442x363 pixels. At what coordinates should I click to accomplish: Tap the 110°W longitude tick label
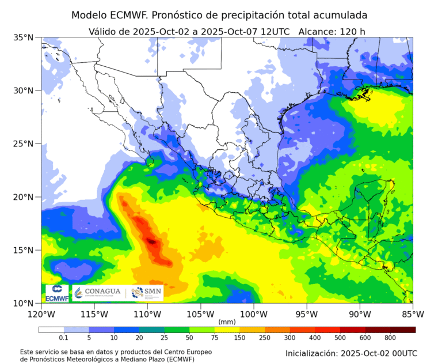point(147,314)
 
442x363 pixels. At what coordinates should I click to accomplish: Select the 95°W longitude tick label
point(307,314)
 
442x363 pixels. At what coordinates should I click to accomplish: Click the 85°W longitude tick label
point(413,314)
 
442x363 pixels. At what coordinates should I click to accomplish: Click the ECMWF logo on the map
point(56,293)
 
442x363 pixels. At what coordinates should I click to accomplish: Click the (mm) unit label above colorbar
point(227,322)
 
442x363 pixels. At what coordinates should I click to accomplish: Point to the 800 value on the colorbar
point(390,338)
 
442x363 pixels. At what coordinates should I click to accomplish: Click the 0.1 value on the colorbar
point(64,338)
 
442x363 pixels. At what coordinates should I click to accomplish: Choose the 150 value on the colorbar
point(239,338)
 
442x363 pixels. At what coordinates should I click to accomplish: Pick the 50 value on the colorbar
point(189,338)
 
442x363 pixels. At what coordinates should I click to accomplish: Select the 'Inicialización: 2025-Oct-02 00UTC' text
point(351,353)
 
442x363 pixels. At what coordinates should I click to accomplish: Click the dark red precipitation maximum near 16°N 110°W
point(151,241)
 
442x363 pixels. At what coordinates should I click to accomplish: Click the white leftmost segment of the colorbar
point(51,330)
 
